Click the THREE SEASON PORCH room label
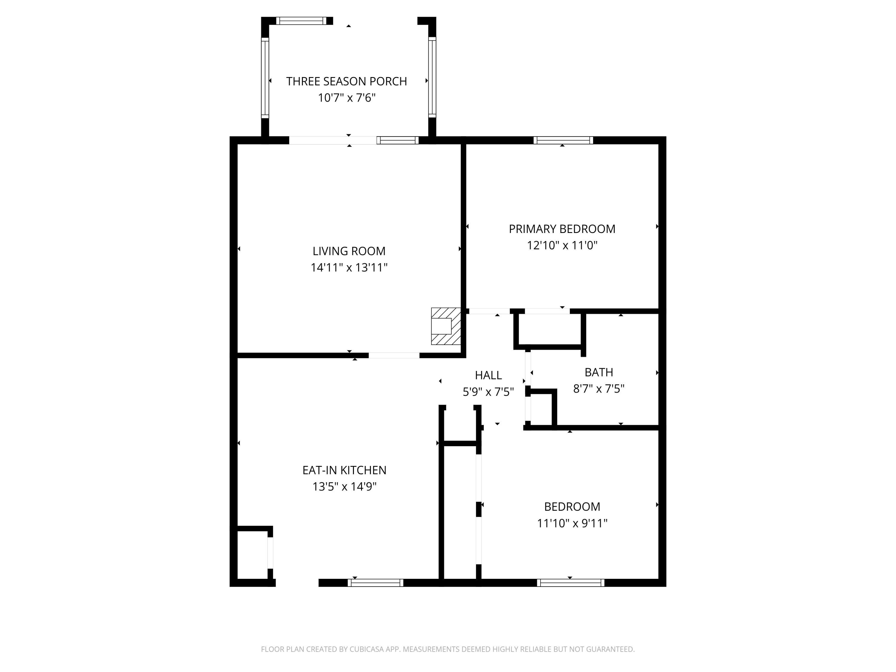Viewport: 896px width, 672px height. click(x=346, y=82)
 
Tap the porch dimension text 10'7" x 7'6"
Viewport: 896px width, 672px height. click(x=347, y=98)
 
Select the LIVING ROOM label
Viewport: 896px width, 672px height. click(x=349, y=251)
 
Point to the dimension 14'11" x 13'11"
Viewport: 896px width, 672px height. click(x=349, y=267)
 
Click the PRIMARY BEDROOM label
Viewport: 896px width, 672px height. click(x=562, y=229)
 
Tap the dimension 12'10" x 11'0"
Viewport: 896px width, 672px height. click(x=562, y=245)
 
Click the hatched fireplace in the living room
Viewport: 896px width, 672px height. click(x=446, y=326)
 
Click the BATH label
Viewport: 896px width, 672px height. click(x=599, y=372)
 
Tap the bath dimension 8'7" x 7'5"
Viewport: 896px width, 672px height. click(x=599, y=389)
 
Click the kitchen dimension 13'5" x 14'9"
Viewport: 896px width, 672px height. click(x=344, y=487)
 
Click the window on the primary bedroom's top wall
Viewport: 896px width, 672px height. click(x=563, y=140)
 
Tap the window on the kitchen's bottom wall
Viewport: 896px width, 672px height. click(x=375, y=583)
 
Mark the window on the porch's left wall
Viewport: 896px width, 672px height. click(x=265, y=77)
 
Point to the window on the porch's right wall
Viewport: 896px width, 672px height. click(x=432, y=77)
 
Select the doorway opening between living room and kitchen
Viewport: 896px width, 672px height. click(x=394, y=356)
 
